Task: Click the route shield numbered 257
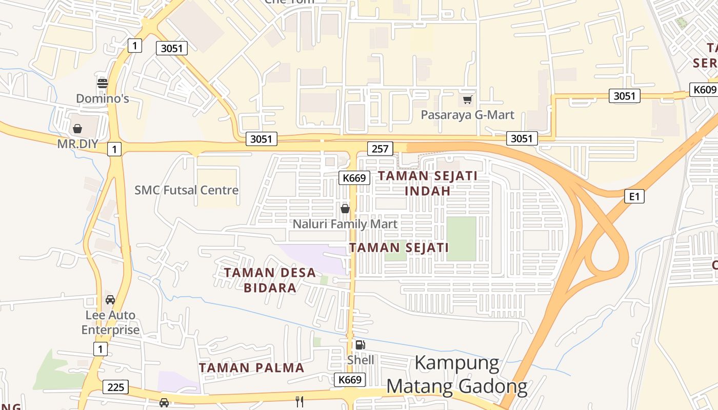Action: (x=380, y=149)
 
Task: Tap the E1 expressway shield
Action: (x=634, y=196)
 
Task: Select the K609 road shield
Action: (x=704, y=90)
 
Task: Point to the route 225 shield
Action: (x=116, y=387)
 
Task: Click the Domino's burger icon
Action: (x=103, y=83)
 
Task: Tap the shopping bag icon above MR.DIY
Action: (x=77, y=129)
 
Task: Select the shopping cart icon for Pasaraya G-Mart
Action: (x=467, y=99)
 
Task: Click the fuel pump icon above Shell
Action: (x=360, y=345)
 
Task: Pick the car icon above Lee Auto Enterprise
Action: (x=110, y=299)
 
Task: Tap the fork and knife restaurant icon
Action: (x=300, y=401)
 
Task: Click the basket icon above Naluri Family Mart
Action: (x=345, y=209)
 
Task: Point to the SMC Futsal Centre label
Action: (x=187, y=190)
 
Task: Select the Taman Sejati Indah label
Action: (x=428, y=183)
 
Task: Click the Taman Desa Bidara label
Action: (x=270, y=280)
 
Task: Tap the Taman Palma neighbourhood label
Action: (x=252, y=367)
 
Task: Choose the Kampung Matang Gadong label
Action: (x=456, y=375)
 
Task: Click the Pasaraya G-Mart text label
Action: (x=467, y=115)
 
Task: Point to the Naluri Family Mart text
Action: (x=345, y=224)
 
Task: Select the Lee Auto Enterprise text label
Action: (x=110, y=322)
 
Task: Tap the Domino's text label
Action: (x=103, y=98)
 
